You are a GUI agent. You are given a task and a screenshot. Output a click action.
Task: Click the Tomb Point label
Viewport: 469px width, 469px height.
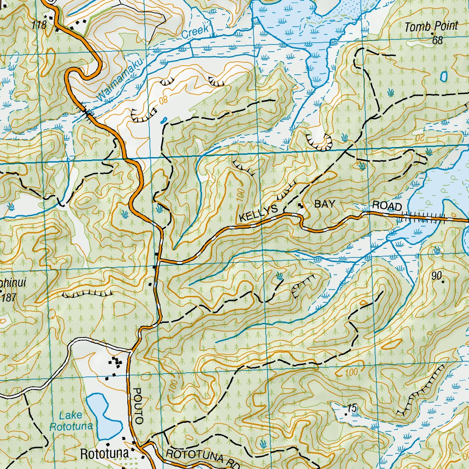coord(431,27)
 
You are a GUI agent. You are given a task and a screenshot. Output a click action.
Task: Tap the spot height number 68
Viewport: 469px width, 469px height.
coord(438,41)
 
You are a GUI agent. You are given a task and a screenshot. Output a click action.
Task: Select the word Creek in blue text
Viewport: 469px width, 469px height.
coord(196,31)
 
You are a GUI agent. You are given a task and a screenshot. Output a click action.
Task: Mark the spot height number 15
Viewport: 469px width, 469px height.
coord(352,408)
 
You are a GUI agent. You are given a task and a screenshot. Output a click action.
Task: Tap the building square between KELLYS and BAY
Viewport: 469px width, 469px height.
coord(301,206)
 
